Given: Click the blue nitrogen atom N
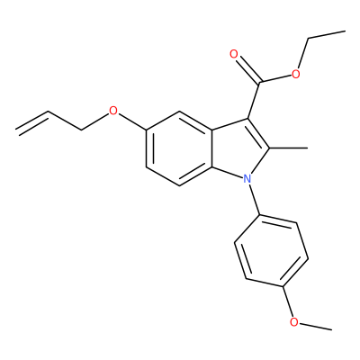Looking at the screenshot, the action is click(x=247, y=179).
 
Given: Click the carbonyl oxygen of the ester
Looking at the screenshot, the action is click(x=234, y=54).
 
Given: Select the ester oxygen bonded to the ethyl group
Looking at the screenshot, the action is click(x=296, y=74).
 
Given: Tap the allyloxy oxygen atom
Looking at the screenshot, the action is click(x=113, y=111).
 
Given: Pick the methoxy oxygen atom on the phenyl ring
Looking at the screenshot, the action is click(x=294, y=322).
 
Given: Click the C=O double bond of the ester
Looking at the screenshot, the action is click(x=248, y=69).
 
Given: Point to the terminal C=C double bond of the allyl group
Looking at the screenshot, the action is click(x=33, y=122).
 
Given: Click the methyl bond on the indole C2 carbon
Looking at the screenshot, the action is click(x=288, y=148).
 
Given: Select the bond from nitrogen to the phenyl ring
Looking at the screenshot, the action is click(x=255, y=200).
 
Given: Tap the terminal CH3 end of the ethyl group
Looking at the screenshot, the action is click(x=346, y=31).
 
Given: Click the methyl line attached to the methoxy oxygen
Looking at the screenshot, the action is click(x=316, y=327).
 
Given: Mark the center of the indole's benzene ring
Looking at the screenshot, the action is click(x=179, y=148).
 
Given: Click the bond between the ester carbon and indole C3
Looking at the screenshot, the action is click(x=254, y=100).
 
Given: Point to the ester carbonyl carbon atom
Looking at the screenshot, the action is click(x=260, y=82).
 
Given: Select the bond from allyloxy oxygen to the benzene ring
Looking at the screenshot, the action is click(x=132, y=122).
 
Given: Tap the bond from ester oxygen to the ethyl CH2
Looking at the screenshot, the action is click(x=302, y=53).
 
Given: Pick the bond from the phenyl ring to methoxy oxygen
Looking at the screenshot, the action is click(x=287, y=301).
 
